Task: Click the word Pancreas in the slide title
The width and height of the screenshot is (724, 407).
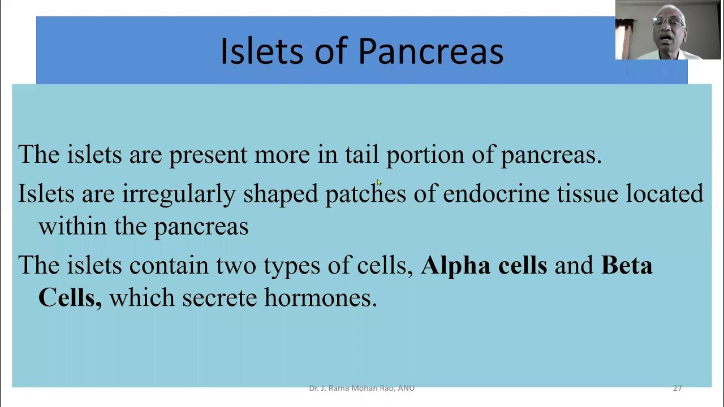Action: pyautogui.click(x=430, y=51)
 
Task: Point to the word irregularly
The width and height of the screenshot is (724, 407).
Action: pyautogui.click(x=179, y=194)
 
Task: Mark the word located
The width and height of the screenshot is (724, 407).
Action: pyautogui.click(x=665, y=193)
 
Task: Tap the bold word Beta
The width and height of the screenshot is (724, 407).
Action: pyautogui.click(x=626, y=265)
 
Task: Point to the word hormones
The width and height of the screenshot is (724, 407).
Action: pyautogui.click(x=320, y=297)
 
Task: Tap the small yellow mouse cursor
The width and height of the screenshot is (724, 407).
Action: pyautogui.click(x=379, y=183)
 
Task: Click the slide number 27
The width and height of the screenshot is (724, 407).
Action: pyautogui.click(x=678, y=388)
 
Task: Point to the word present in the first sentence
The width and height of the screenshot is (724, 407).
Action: pyautogui.click(x=208, y=155)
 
